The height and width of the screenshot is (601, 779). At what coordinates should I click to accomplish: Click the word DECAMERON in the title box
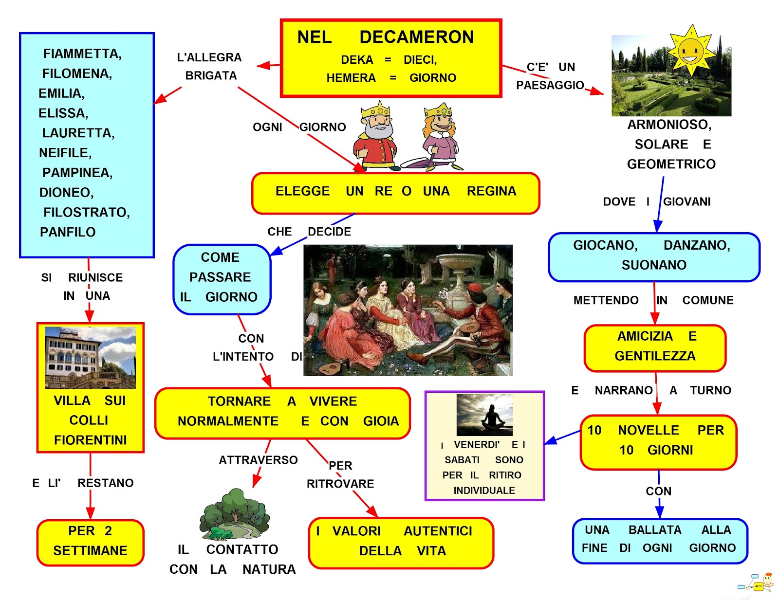tap(416, 37)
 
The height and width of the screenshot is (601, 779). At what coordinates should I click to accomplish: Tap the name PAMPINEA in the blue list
tap(77, 173)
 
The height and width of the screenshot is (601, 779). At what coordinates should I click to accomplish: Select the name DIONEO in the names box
tap(66, 193)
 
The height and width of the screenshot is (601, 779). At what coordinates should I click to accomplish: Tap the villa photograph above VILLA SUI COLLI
tap(90, 357)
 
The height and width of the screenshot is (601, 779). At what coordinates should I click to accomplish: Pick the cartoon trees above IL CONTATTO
tap(235, 515)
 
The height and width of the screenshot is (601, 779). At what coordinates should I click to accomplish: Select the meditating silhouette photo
tap(484, 415)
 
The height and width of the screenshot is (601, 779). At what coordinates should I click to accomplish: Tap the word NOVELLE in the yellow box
tap(648, 430)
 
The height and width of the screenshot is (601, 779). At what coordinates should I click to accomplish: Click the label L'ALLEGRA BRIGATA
tap(210, 66)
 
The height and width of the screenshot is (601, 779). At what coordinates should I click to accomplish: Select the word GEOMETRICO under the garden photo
tap(671, 164)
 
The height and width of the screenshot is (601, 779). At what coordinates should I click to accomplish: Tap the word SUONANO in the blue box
tap(653, 265)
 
